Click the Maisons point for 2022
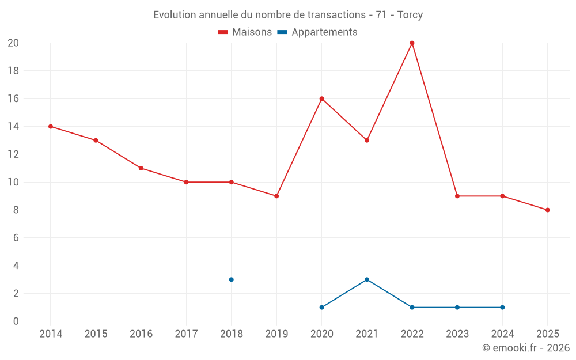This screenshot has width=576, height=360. (412, 43)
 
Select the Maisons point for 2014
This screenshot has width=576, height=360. (51, 127)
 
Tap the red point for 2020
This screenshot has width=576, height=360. (321, 98)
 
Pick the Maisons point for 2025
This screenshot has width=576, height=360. (547, 210)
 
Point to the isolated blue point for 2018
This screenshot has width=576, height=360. (231, 279)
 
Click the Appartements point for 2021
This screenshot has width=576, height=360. (367, 279)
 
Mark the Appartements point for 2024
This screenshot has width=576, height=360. (502, 308)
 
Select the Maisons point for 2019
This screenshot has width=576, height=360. (276, 196)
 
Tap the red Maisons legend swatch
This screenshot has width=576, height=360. (223, 32)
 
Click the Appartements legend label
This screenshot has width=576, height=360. (324, 32)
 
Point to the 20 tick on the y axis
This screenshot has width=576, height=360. (13, 43)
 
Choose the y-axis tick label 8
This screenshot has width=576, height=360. (16, 210)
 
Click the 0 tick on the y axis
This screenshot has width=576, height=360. (16, 321)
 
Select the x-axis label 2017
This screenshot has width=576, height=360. (186, 334)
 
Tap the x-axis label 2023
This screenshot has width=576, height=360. (457, 334)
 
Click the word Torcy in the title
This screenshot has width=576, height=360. (410, 15)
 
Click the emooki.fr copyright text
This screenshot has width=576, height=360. (526, 348)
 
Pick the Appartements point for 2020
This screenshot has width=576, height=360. (321, 308)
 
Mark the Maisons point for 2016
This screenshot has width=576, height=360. (141, 168)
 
